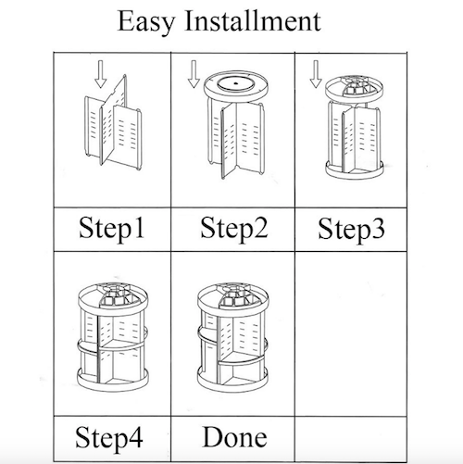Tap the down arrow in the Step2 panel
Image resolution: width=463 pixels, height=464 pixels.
tap(193, 73)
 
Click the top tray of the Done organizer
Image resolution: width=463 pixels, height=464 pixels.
tap(233, 298)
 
